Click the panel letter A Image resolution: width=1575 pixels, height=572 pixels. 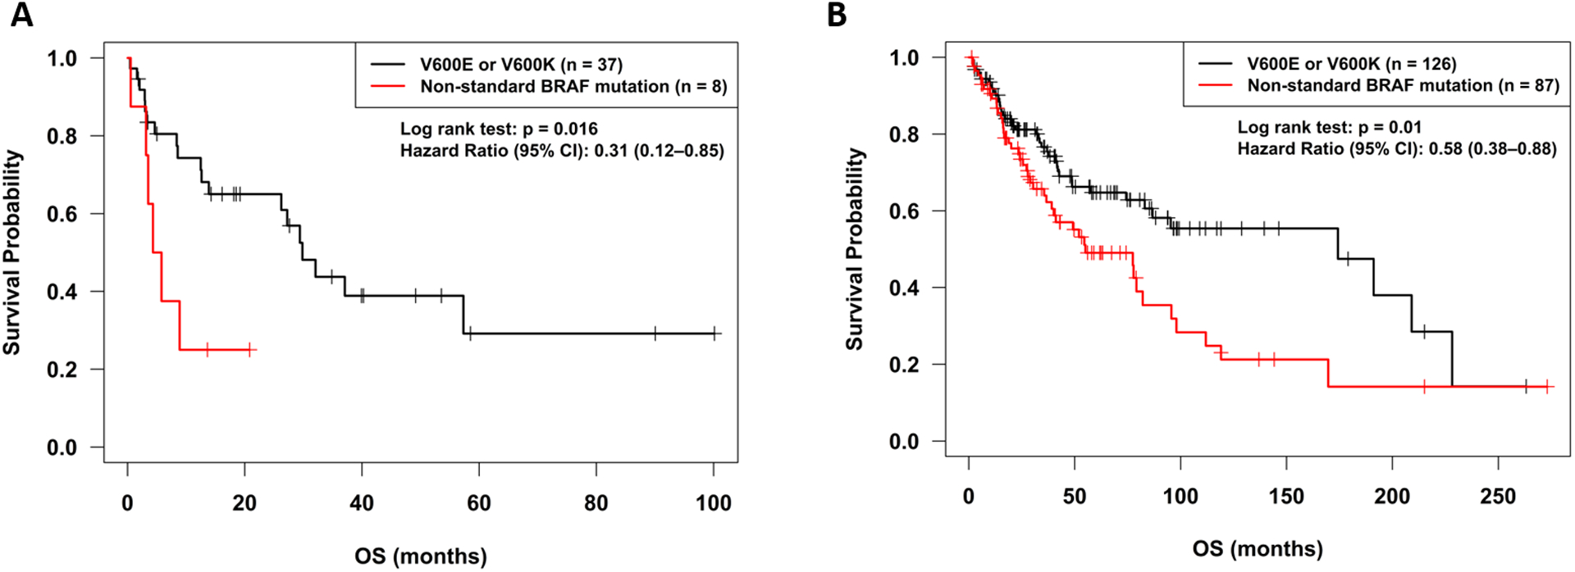pyautogui.click(x=21, y=15)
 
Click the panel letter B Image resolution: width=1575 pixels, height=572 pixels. pyautogui.click(x=837, y=15)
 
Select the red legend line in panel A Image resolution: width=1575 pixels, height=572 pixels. pyautogui.click(x=387, y=86)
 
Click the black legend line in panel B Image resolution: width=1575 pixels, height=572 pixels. pyautogui.click(x=1215, y=63)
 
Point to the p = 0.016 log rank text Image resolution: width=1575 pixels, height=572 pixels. pyautogui.click(x=560, y=129)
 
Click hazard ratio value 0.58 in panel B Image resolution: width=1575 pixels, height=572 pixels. pyautogui.click(x=1445, y=149)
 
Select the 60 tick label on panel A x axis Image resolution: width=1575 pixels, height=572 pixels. pyautogui.click(x=478, y=503)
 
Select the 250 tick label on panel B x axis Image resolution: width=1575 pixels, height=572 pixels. pyautogui.click(x=1498, y=497)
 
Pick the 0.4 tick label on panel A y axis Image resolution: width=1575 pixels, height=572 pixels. pyautogui.click(x=62, y=292)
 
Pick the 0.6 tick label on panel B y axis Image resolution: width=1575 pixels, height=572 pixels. pyautogui.click(x=904, y=211)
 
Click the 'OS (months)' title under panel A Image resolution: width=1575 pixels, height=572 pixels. pyautogui.click(x=420, y=556)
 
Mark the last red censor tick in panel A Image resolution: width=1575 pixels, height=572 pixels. pyautogui.click(x=250, y=350)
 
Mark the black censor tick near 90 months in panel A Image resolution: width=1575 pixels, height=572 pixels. pyautogui.click(x=655, y=334)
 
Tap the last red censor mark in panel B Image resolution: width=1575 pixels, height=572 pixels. pyautogui.click(x=1547, y=386)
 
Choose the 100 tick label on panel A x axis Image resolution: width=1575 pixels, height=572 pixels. pyautogui.click(x=713, y=503)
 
